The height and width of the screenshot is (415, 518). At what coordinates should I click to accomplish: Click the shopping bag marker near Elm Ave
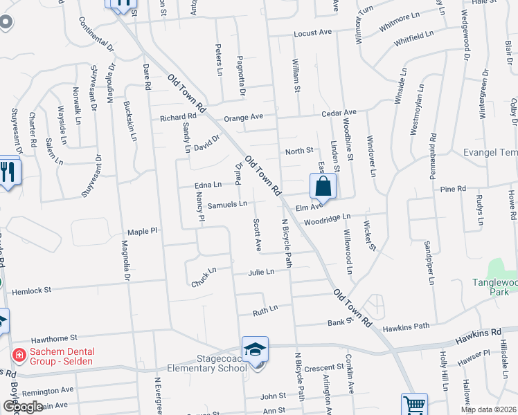click(323, 186)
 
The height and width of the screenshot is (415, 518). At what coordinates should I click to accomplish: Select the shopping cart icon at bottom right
click(413, 405)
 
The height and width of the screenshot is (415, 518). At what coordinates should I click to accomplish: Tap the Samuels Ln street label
click(228, 204)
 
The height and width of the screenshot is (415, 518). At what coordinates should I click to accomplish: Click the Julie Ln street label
click(261, 272)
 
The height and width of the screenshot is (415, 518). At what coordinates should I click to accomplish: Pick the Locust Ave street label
click(312, 33)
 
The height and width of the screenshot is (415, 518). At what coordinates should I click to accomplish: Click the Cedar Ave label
click(338, 112)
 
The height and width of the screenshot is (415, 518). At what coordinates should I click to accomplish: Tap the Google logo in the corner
click(23, 407)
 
